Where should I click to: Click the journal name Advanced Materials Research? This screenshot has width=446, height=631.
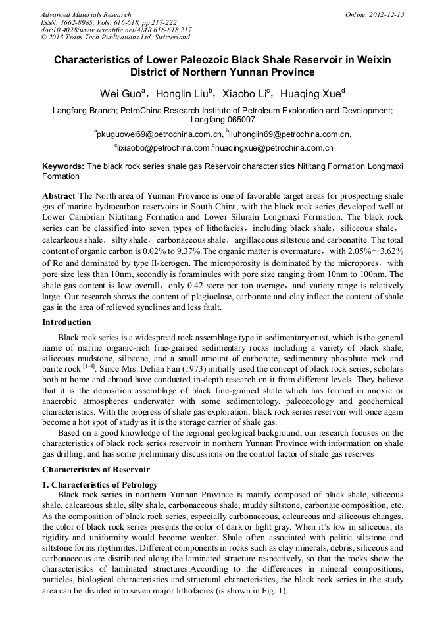point(86,14)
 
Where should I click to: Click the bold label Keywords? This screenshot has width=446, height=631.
point(63,167)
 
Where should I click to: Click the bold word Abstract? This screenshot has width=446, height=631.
point(59,197)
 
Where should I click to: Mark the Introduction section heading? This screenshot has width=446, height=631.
point(66,322)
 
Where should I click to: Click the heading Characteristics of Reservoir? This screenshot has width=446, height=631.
point(96,470)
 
